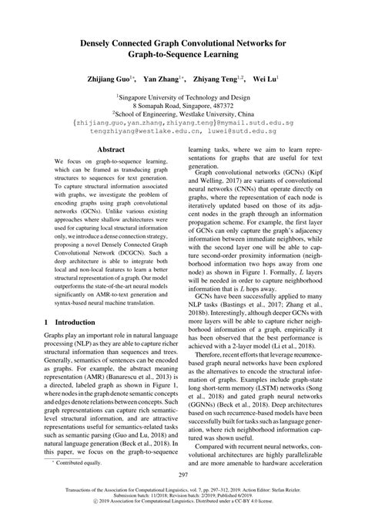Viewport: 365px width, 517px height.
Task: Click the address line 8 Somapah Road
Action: (x=182, y=105)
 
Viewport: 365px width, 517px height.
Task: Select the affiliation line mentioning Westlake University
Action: (x=182, y=113)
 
